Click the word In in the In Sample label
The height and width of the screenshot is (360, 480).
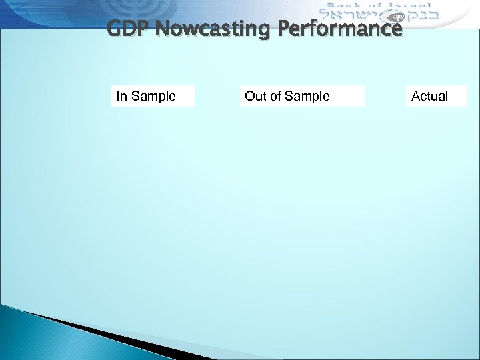pos(122,96)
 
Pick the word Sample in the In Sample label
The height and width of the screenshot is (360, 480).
pos(153,96)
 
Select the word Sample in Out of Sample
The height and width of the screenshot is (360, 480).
pos(307,96)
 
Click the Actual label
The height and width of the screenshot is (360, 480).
pos(430,96)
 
